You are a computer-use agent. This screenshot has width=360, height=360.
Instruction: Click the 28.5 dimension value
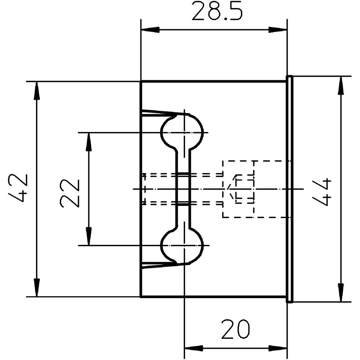(217, 11)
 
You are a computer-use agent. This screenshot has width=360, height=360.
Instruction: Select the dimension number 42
(18, 188)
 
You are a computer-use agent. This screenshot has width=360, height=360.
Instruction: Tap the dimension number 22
(70, 193)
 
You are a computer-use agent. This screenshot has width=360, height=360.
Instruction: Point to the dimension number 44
(322, 192)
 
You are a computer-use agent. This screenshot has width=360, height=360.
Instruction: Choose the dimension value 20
(235, 329)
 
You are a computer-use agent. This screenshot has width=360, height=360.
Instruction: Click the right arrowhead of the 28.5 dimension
(278, 30)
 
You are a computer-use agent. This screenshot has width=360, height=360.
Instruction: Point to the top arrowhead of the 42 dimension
(37, 91)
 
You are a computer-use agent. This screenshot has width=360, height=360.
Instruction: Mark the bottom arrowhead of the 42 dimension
(37, 287)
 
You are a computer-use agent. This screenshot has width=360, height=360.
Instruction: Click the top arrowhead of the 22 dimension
(89, 142)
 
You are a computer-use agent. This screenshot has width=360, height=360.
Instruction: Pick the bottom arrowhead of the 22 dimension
(89, 236)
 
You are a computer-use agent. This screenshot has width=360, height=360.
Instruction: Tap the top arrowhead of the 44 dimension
(341, 85)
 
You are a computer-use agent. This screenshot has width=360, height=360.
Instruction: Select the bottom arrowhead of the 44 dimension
(341, 292)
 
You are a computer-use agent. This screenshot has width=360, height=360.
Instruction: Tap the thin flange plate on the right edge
(289, 189)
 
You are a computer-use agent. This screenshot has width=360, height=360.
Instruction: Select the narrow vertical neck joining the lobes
(183, 189)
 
